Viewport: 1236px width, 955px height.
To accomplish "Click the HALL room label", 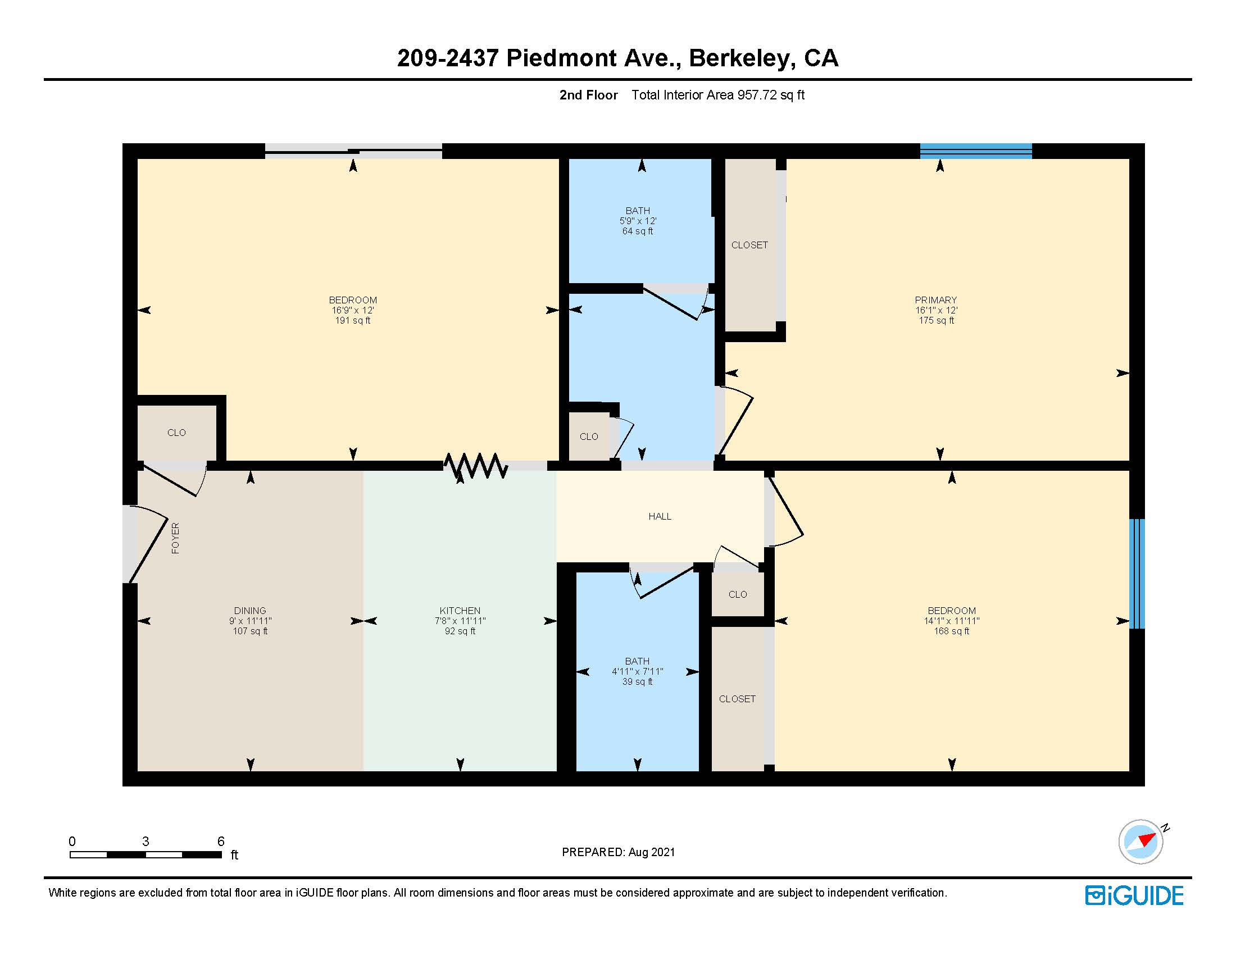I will click(x=660, y=516).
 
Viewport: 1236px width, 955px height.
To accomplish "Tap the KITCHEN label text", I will click(x=460, y=611).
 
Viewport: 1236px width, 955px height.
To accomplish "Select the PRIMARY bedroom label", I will click(x=935, y=300).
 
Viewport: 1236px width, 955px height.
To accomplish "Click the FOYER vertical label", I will click(x=175, y=538).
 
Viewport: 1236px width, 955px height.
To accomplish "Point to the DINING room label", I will click(x=249, y=611).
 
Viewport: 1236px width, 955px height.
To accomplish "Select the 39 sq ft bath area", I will click(x=637, y=682).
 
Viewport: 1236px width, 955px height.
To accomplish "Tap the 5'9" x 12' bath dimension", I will click(x=637, y=221).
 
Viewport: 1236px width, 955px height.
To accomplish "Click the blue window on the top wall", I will click(x=975, y=151).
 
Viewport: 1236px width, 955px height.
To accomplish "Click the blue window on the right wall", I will click(x=1137, y=574).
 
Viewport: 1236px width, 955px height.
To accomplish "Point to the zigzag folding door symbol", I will click(x=475, y=466).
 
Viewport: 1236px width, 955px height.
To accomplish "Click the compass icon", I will click(x=1140, y=842).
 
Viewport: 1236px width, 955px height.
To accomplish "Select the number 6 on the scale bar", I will click(x=221, y=842).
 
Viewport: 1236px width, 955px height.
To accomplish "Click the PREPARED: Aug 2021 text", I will click(x=618, y=852).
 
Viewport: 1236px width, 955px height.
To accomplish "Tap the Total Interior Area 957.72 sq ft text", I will click(x=717, y=95).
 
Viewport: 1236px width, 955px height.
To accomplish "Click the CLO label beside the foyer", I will click(x=176, y=433).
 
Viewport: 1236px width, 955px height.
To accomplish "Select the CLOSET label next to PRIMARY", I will click(x=749, y=245).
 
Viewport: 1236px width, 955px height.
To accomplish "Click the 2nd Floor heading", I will click(x=588, y=95).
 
